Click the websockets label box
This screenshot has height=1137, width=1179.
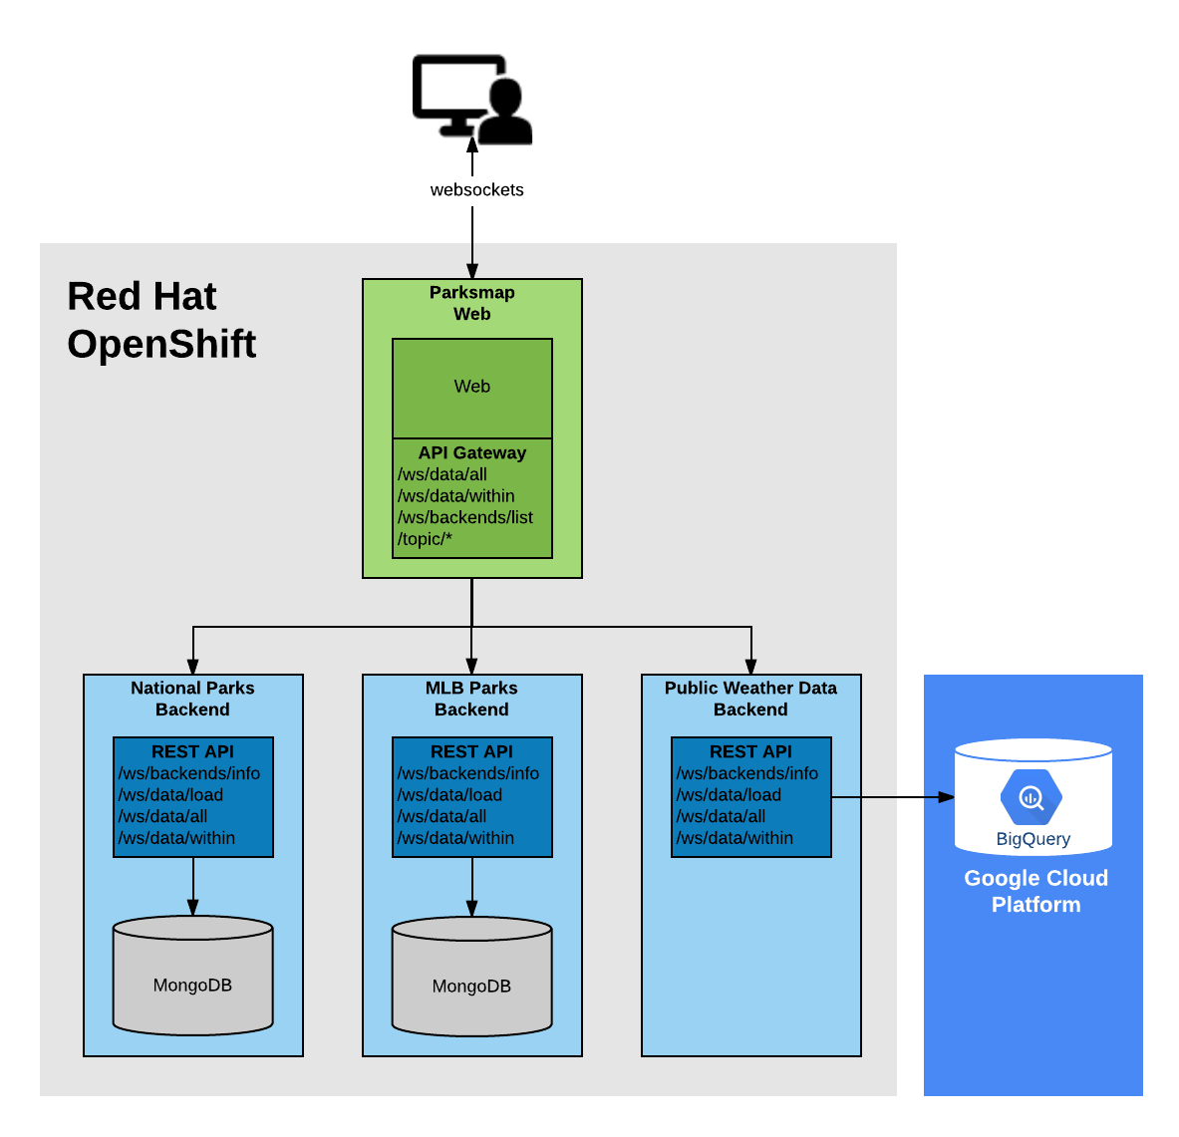click(476, 190)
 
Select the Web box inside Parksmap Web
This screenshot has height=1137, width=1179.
click(471, 387)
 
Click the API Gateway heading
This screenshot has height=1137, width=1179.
click(471, 452)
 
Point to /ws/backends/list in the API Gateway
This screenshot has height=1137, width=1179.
click(464, 517)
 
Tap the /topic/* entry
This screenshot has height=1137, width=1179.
click(425, 539)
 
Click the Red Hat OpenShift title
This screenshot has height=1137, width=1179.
click(161, 320)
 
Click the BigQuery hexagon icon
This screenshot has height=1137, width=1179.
click(1031, 797)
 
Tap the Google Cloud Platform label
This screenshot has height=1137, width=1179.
click(1035, 891)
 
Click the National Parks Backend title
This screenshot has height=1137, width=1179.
click(192, 699)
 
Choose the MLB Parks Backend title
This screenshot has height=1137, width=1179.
click(471, 699)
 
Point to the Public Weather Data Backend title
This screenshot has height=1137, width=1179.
click(750, 699)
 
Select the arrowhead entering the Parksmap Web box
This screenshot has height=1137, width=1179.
click(471, 270)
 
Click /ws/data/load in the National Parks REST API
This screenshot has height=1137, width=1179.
click(170, 795)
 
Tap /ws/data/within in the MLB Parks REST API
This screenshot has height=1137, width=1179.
click(455, 838)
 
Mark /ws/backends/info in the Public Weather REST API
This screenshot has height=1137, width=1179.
click(746, 773)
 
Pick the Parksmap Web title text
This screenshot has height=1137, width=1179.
click(471, 303)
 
